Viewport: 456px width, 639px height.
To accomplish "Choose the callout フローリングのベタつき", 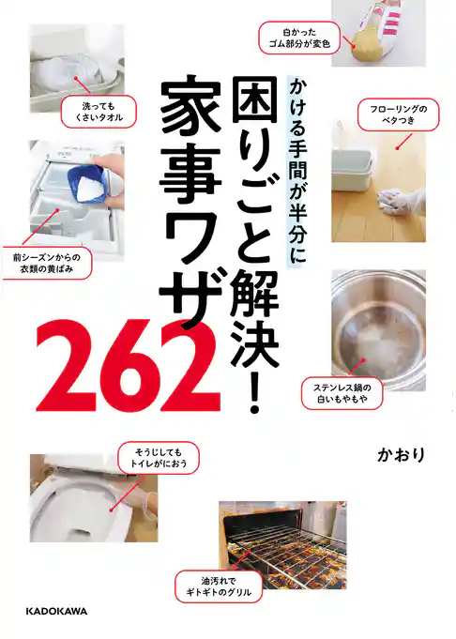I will click(398, 115).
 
